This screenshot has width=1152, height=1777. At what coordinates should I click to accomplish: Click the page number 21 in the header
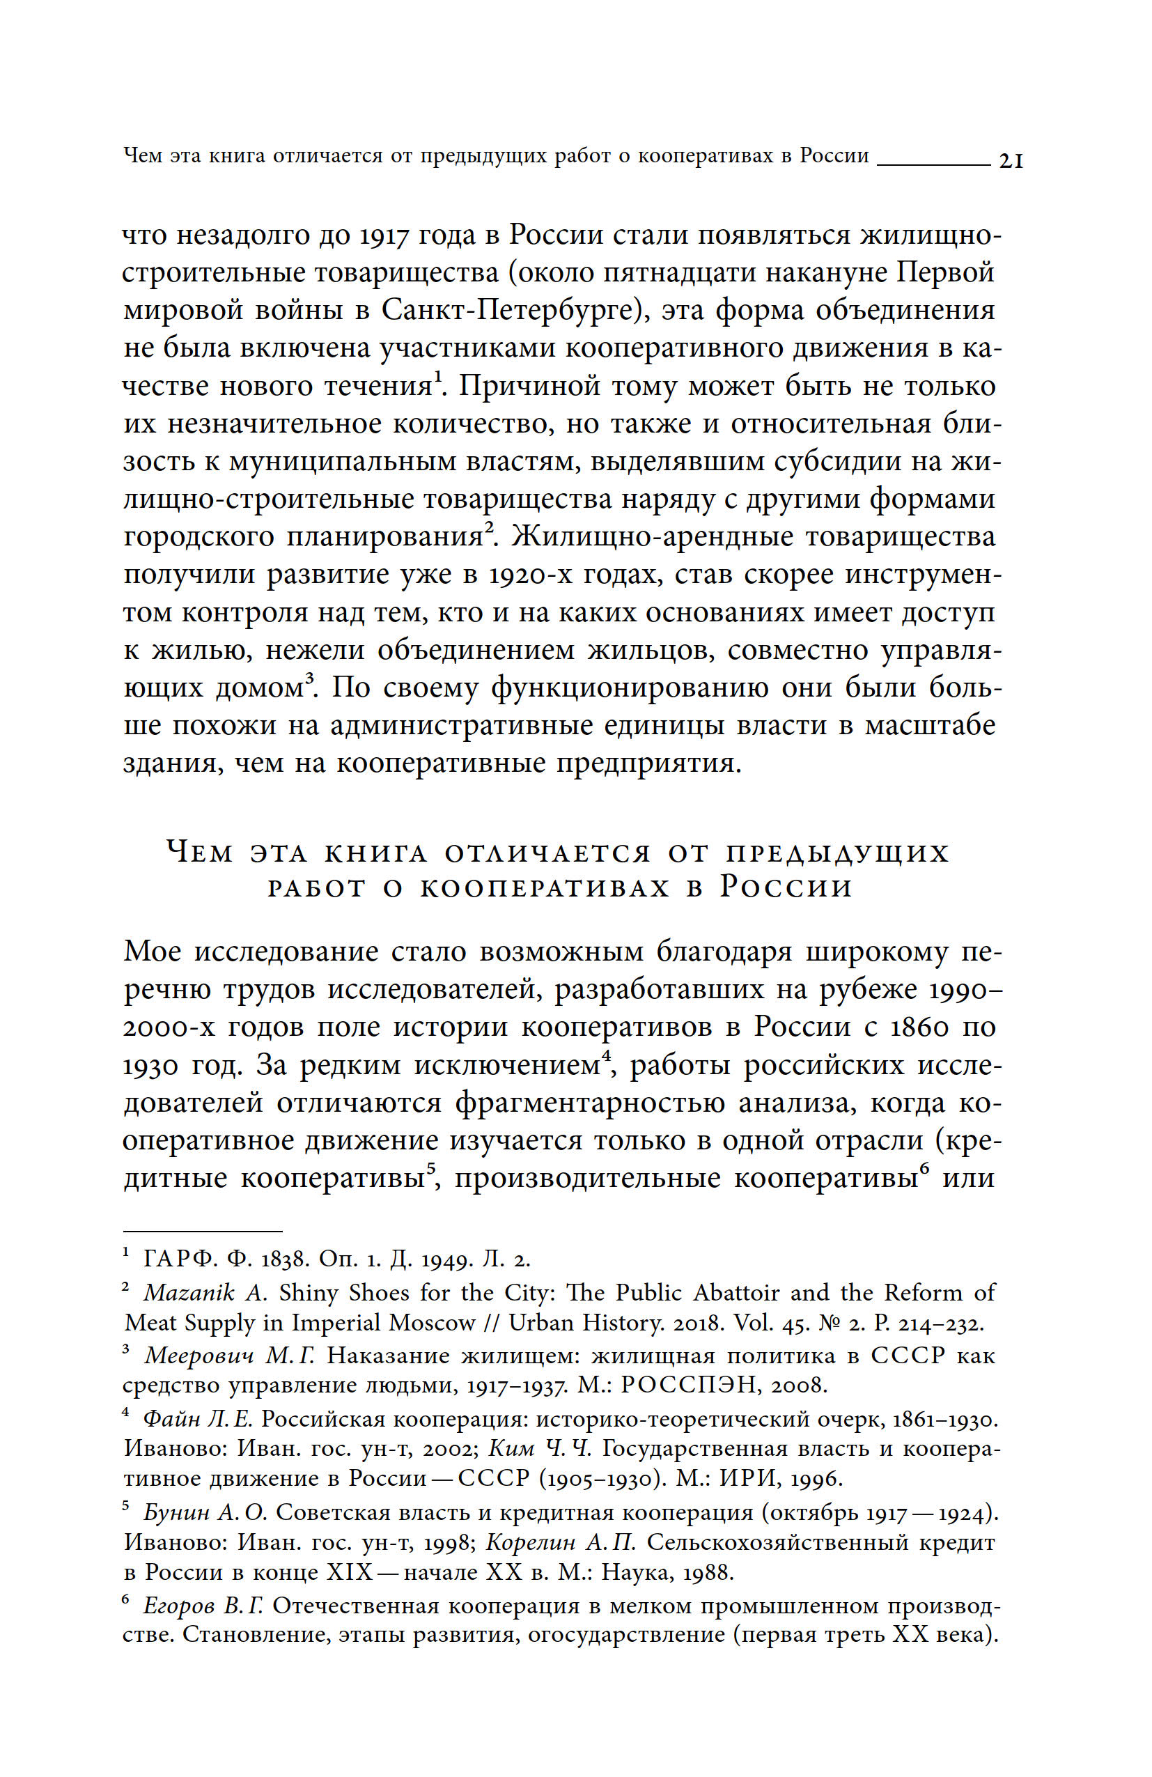pos(1010,160)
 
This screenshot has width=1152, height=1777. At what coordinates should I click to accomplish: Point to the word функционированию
pos(630,688)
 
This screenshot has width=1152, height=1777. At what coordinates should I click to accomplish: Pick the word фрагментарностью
pos(590,1103)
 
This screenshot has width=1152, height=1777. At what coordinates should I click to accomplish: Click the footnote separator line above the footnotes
pos(202,1231)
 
